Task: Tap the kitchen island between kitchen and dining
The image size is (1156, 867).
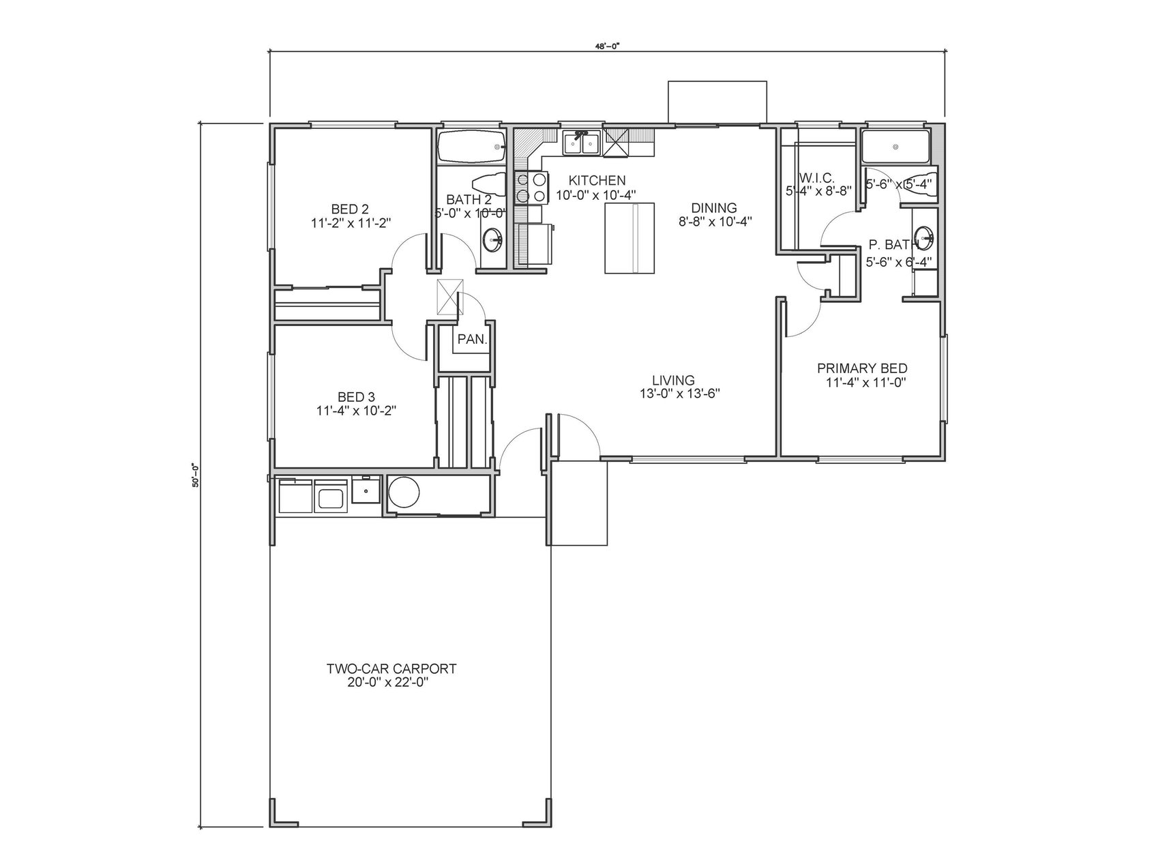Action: click(x=629, y=237)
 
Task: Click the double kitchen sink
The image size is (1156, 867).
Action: click(x=580, y=143)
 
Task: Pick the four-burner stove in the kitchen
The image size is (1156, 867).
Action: click(x=531, y=188)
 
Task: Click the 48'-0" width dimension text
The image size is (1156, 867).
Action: click(x=606, y=46)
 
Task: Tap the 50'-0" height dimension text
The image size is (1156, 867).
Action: click(x=195, y=474)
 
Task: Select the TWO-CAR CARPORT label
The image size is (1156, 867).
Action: click(x=391, y=668)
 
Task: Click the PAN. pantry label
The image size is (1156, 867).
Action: click(x=472, y=338)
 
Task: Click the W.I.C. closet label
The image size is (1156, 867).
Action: click(x=818, y=178)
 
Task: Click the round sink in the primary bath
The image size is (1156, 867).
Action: click(x=923, y=237)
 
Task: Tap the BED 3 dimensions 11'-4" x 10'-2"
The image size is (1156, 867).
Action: click(x=357, y=410)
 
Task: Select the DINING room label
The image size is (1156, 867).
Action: click(x=713, y=208)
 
